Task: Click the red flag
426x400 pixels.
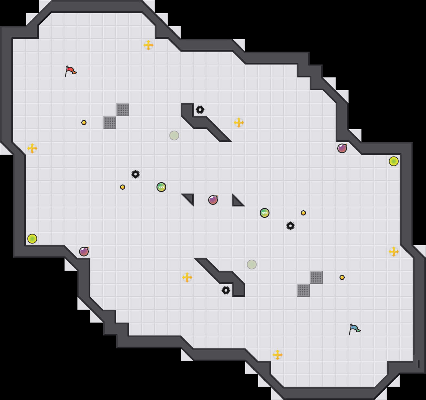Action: coord(70,71)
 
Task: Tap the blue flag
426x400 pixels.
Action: coord(354,329)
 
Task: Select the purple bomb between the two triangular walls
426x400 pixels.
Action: coord(213,200)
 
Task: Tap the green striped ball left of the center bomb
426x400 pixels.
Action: coord(161,187)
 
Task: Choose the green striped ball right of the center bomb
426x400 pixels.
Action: coord(265,213)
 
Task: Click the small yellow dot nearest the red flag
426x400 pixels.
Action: coord(84,123)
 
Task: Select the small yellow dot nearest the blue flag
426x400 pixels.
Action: coord(342,277)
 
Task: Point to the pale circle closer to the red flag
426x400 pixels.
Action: coord(174,135)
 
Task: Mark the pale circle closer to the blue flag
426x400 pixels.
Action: coord(252,265)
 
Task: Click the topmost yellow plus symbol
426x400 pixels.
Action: coord(148,45)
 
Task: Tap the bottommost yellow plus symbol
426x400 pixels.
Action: coord(278,355)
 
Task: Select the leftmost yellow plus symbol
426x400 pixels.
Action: coord(32,148)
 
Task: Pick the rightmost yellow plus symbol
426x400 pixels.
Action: coord(394,252)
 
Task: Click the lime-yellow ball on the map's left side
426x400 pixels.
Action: coord(32,239)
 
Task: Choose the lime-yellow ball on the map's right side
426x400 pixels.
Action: coord(394,161)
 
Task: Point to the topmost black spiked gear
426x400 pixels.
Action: coord(200,110)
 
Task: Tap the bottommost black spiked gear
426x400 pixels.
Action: coord(226,290)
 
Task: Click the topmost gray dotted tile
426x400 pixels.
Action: coord(123,110)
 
